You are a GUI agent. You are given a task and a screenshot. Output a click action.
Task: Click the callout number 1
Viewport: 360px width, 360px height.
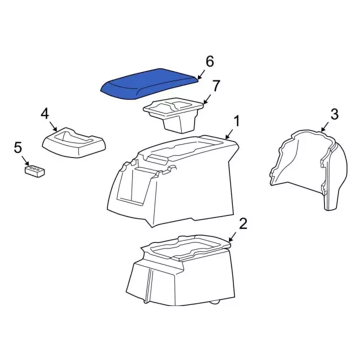(237, 120)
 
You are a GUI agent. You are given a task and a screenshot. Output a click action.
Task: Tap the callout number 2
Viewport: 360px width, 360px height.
(242, 224)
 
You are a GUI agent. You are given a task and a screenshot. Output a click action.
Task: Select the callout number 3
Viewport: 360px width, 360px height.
(334, 115)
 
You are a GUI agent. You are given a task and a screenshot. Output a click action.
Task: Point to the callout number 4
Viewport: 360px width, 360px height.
(45, 114)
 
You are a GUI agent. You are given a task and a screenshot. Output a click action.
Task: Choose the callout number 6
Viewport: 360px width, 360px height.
(210, 61)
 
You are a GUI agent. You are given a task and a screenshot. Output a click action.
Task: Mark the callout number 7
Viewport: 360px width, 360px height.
(216, 86)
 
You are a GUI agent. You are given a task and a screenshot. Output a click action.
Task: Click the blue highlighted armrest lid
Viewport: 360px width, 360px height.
(149, 82)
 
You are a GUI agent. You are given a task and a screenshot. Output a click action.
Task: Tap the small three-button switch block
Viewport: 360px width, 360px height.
(35, 170)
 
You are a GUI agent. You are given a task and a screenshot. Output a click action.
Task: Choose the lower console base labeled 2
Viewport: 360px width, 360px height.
(180, 270)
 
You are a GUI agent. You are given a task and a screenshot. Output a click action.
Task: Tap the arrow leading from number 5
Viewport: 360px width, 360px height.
(25, 160)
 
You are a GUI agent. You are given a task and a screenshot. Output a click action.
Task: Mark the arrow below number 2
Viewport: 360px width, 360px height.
(233, 236)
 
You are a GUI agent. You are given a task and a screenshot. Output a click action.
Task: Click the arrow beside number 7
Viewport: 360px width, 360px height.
(207, 99)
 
